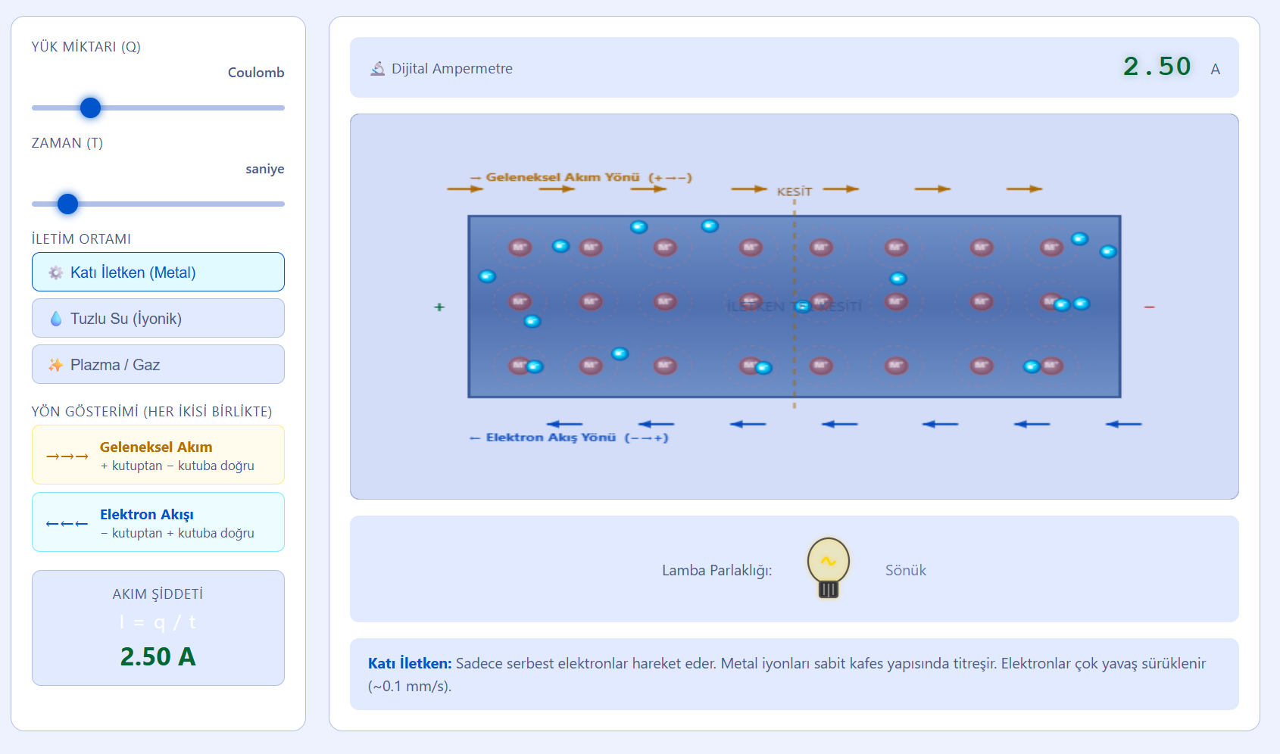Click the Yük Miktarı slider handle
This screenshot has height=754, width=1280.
(90, 107)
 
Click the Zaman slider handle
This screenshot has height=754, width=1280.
(68, 204)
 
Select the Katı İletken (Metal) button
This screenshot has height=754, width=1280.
(158, 272)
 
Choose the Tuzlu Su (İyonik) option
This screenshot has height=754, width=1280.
(158, 318)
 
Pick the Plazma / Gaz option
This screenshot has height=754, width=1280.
(158, 364)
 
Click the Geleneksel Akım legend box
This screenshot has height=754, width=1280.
(158, 454)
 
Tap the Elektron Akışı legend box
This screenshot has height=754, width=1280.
(158, 522)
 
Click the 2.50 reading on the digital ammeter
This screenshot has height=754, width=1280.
(1157, 67)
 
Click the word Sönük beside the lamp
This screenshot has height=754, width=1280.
(905, 570)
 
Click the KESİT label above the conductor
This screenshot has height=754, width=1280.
(794, 192)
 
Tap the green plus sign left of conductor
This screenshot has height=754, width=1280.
(439, 307)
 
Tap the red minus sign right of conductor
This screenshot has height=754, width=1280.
(1149, 307)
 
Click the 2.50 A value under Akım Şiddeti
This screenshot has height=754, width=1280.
(158, 656)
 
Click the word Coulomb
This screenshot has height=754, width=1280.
(256, 73)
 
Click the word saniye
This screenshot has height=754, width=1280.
(264, 169)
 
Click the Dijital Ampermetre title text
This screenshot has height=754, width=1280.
(451, 69)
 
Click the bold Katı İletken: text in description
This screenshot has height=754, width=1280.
(409, 663)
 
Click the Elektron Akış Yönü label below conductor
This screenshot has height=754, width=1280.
(551, 438)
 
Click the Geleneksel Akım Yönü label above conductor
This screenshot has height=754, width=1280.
(563, 177)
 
